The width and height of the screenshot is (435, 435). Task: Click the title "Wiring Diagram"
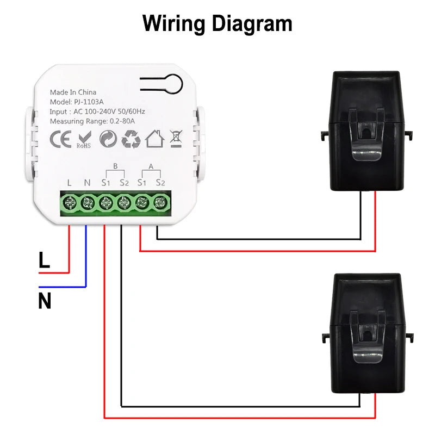tap(217, 24)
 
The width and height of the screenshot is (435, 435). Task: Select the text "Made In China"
tap(73, 92)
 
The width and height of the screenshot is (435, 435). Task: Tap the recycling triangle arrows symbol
tap(131, 139)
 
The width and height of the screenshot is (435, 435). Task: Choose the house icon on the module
tap(154, 139)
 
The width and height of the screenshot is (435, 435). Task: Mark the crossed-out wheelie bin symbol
tap(176, 139)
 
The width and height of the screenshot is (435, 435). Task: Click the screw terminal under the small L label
tap(70, 203)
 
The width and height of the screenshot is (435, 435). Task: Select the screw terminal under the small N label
tap(88, 203)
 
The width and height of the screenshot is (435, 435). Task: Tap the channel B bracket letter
tap(115, 166)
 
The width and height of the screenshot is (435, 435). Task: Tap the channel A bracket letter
tap(151, 166)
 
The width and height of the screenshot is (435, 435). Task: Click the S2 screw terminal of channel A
tap(159, 203)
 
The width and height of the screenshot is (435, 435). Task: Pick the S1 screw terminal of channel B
tap(105, 203)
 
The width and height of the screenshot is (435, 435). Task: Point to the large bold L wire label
tap(45, 260)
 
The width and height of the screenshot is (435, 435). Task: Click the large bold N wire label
tap(45, 301)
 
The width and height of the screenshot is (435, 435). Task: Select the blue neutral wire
tap(85, 256)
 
